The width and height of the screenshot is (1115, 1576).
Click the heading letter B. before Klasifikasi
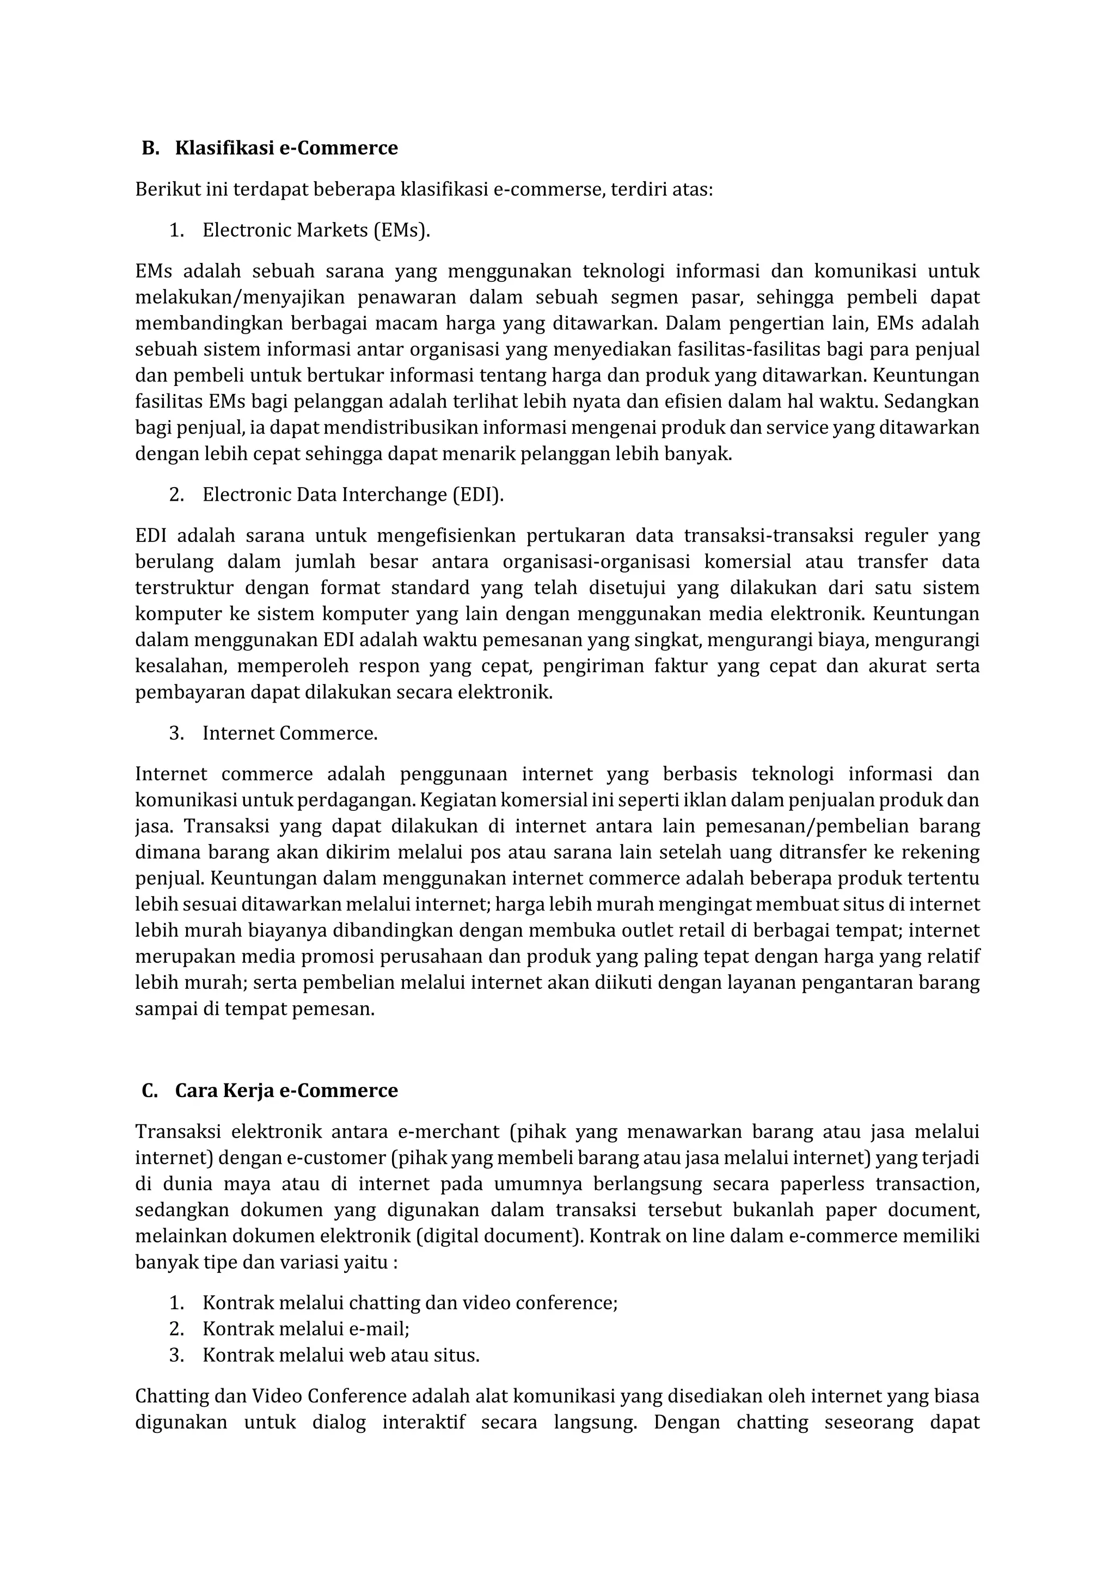150,148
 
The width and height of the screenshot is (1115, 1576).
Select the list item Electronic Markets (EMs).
316,230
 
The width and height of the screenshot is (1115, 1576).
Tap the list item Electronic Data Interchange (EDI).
353,495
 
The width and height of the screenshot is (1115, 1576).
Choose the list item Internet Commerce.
290,733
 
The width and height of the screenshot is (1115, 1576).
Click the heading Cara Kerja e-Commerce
286,1091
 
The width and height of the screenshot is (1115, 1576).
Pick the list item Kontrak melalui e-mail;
305,1329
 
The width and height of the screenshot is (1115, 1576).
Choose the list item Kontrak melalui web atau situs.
340,1355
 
